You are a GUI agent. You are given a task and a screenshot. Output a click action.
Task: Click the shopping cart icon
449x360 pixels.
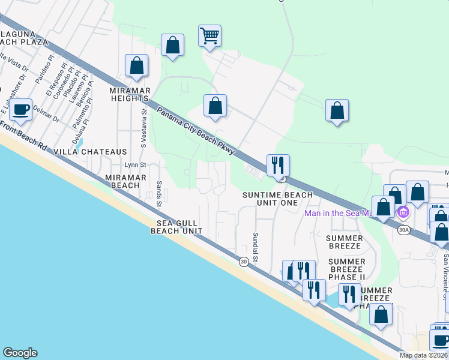pos(209,35)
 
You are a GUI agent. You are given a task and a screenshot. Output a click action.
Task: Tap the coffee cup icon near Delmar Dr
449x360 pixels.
pos(21,109)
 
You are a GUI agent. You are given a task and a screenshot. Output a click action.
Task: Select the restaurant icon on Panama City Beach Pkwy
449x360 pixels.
pos(278,164)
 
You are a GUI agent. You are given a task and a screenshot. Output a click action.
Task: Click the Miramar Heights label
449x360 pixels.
pos(129,94)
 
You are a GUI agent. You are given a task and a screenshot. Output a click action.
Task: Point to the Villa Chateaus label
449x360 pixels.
pos(91,152)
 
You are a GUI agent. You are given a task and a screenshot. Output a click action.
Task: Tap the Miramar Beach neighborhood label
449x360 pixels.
pos(122,182)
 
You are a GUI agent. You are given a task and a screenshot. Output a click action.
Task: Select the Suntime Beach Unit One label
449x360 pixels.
pos(277,199)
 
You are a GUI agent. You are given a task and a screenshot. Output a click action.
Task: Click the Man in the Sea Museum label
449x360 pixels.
pos(339,212)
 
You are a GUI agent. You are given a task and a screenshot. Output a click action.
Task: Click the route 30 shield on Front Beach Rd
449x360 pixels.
pos(243,262)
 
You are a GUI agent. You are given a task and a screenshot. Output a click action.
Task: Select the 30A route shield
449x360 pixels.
pos(403,229)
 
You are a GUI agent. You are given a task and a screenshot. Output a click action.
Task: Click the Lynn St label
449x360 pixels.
pos(135,164)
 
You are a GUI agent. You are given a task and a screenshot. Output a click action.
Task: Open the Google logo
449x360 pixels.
pos(20,353)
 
